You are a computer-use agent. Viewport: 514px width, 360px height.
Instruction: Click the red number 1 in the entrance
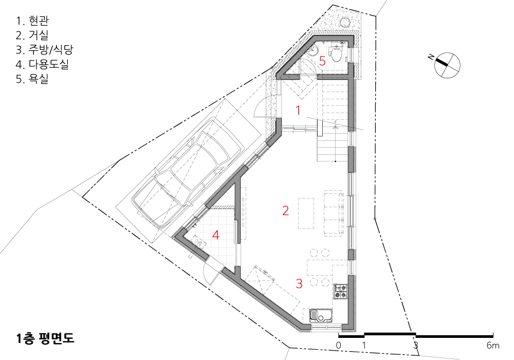pyautogui.click(x=298, y=111)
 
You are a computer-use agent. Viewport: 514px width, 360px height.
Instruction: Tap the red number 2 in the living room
pyautogui.click(x=285, y=210)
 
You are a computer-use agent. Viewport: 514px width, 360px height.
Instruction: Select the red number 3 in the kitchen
pyautogui.click(x=299, y=283)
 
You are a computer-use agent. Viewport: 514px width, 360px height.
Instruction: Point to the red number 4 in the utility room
pyautogui.click(x=216, y=235)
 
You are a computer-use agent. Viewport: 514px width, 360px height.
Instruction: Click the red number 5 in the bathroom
pyautogui.click(x=322, y=61)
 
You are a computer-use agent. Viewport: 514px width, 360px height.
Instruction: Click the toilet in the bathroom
pyautogui.click(x=335, y=54)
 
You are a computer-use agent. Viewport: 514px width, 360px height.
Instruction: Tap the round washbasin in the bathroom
pyautogui.click(x=314, y=51)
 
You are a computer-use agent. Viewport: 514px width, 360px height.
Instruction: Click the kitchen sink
pyautogui.click(x=321, y=315)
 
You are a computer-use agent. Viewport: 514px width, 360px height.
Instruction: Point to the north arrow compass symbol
pyautogui.click(x=447, y=65)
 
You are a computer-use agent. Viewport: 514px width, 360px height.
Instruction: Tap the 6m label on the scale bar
pyautogui.click(x=493, y=345)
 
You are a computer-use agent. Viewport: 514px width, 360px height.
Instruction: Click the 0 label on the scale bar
pyautogui.click(x=339, y=345)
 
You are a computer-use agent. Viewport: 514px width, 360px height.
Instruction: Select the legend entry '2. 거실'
pyautogui.click(x=32, y=35)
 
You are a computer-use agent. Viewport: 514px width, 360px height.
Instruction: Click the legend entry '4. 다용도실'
pyautogui.click(x=42, y=64)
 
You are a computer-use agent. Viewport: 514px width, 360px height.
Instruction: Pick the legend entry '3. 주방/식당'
pyautogui.click(x=44, y=49)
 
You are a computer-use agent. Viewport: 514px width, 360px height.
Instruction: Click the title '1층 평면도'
pyautogui.click(x=45, y=338)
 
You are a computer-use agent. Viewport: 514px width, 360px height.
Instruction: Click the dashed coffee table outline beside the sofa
pyautogui.click(x=306, y=213)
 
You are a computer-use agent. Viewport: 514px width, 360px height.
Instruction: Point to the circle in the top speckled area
pyautogui.click(x=345, y=22)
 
